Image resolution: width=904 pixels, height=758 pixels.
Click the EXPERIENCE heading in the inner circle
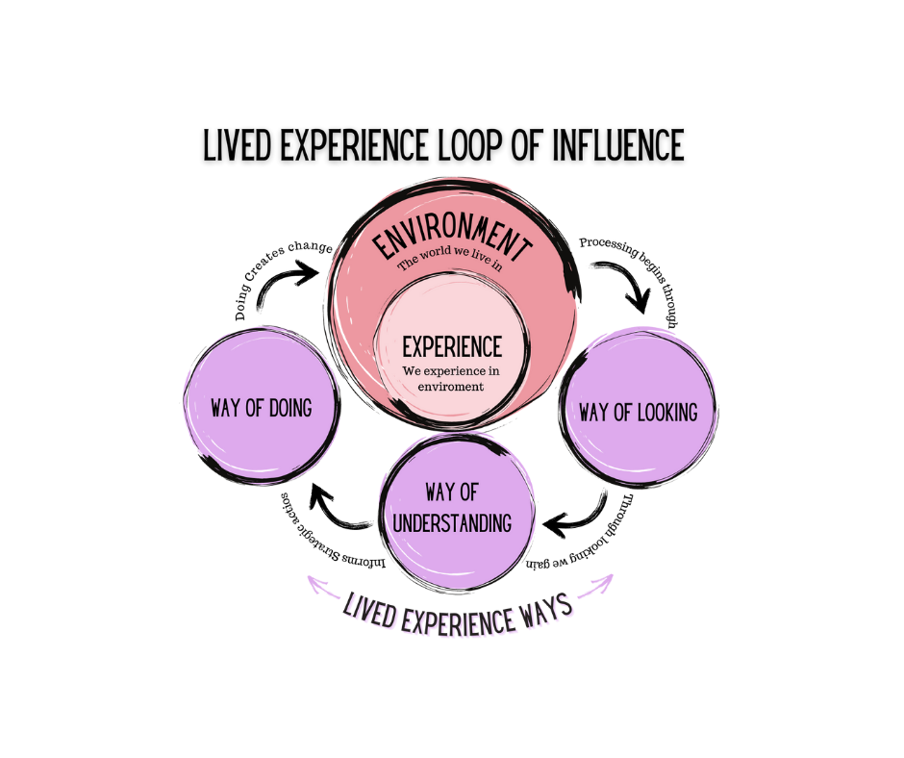pos(452,345)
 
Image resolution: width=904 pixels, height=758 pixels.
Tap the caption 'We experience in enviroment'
pos(452,378)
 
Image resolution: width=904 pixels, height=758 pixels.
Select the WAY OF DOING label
pos(262,408)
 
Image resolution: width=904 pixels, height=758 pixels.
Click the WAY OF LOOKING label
pos(638,413)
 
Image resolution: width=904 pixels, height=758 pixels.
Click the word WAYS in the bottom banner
pos(541,606)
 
